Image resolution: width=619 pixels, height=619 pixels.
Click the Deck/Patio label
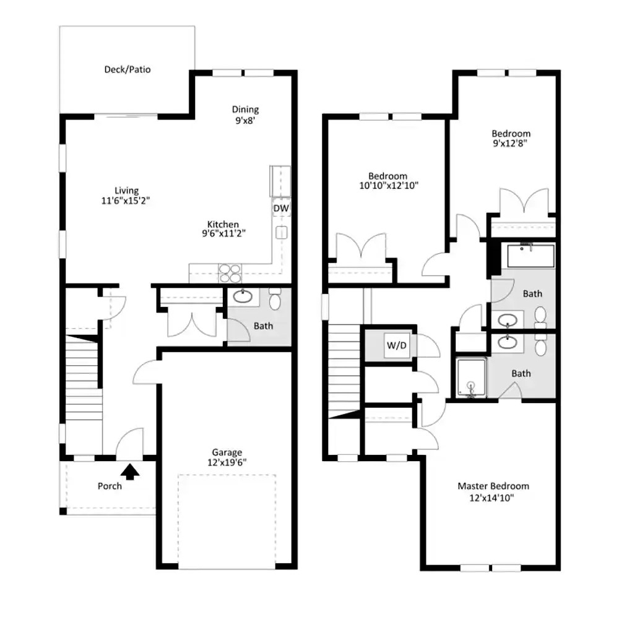127,70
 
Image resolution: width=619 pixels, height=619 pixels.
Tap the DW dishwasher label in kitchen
280,209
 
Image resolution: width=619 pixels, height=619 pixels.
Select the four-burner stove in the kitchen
230,273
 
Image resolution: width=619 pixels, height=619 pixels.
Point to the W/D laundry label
396,345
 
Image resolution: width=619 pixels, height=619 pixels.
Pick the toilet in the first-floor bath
275,299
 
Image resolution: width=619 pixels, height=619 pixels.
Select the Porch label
110,486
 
